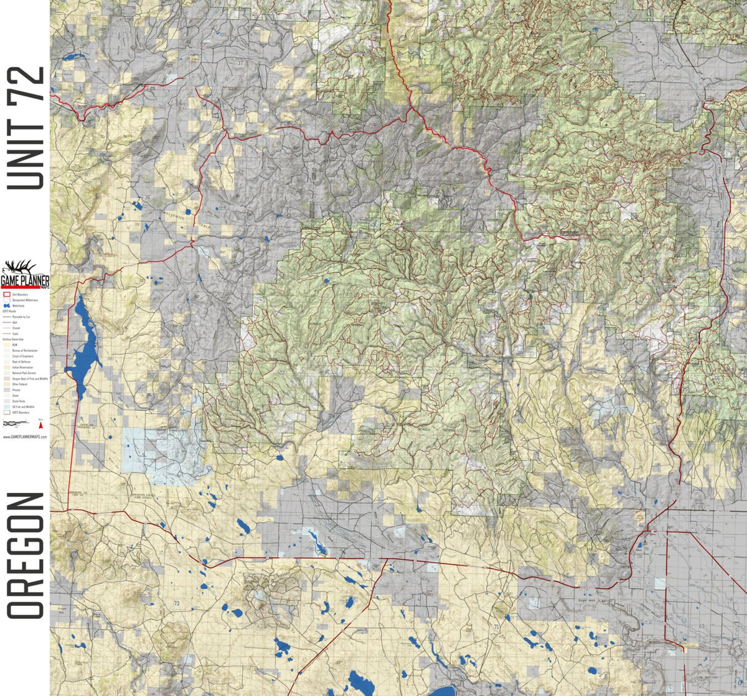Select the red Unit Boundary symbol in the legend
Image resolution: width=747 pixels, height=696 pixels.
[x=7, y=294]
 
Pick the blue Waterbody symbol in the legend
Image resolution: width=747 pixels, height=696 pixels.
[x=7, y=306]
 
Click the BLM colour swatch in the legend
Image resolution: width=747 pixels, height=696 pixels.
[x=7, y=344]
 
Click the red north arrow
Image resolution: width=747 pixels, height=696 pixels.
[x=41, y=425]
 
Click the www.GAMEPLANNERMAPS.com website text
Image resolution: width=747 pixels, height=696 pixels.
[x=25, y=437]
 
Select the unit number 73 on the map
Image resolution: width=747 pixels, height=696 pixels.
[x=177, y=603]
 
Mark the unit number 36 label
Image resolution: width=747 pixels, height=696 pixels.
[x=148, y=198]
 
